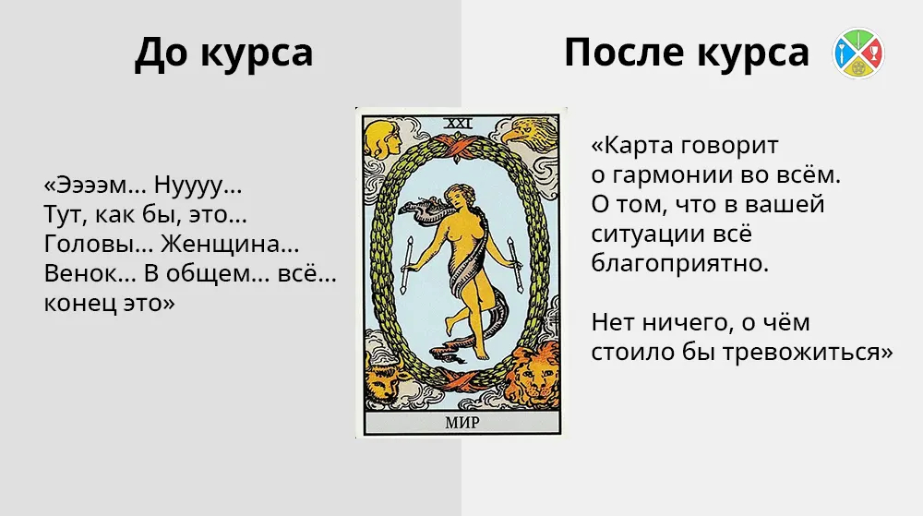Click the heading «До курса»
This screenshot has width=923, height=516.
pyautogui.click(x=223, y=53)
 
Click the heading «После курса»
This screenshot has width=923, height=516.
pyautogui.click(x=687, y=53)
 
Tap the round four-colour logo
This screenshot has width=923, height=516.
pyautogui.click(x=858, y=53)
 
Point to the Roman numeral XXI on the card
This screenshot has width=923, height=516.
pyautogui.click(x=458, y=124)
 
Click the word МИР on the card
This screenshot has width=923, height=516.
pyautogui.click(x=462, y=423)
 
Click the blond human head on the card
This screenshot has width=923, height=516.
pyautogui.click(x=382, y=138)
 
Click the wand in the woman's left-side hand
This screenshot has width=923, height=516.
pyautogui.click(x=406, y=265)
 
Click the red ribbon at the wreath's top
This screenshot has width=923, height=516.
pyautogui.click(x=458, y=145)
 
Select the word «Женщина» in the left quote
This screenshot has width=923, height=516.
pyautogui.click(x=230, y=244)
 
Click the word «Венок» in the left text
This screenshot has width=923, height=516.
pyautogui.click(x=90, y=273)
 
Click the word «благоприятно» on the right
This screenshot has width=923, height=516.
pyautogui.click(x=680, y=264)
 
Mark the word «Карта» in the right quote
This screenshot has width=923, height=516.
pyautogui.click(x=637, y=145)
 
